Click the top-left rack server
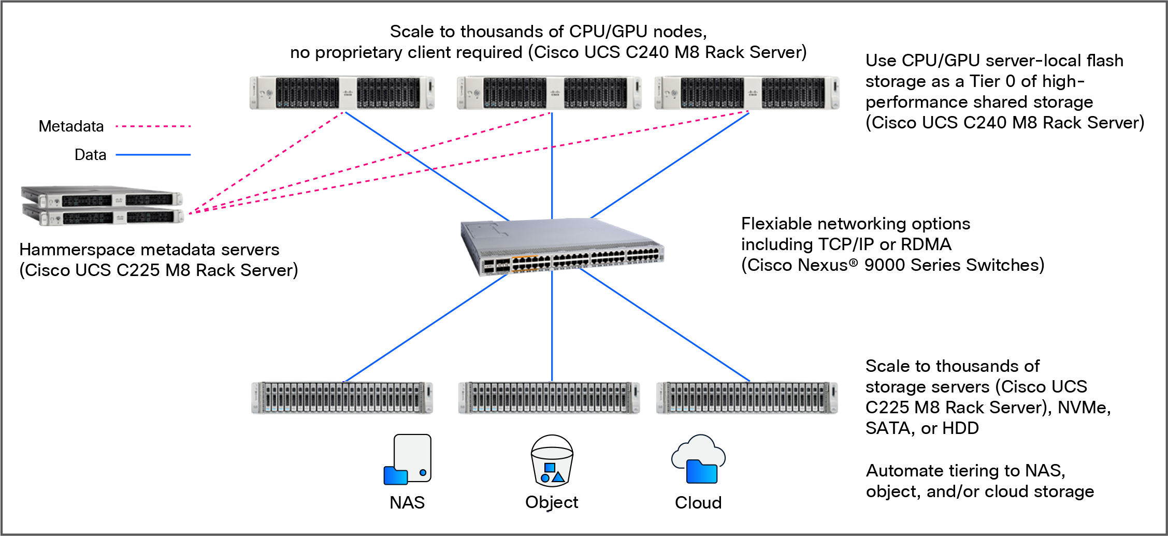[x=342, y=93]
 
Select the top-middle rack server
[x=549, y=93]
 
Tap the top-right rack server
[x=747, y=93]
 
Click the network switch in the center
[x=562, y=246]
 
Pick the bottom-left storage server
[x=342, y=398]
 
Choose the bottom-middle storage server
[x=549, y=398]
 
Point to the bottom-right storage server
[x=747, y=398]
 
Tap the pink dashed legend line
[x=153, y=126]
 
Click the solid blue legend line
[x=153, y=154]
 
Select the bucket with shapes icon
[x=552, y=467]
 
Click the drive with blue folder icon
[x=408, y=460]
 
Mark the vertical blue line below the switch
[x=552, y=326]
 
